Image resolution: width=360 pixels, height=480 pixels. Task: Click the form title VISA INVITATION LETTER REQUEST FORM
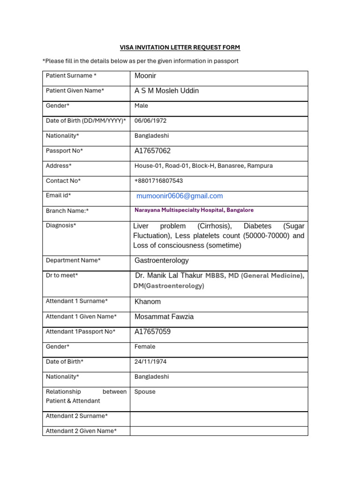[x=180, y=47]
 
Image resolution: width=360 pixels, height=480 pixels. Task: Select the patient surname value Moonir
[x=146, y=76]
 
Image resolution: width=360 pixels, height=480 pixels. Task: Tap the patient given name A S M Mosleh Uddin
[x=166, y=91]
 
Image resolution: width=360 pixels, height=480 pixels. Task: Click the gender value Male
[x=141, y=106]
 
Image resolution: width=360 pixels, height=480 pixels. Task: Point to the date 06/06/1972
[x=150, y=121]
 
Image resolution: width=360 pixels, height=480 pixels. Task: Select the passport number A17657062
[x=152, y=151]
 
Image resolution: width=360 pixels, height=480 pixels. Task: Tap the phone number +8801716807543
[x=158, y=181]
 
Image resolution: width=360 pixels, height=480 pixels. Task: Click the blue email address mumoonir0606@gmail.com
[x=180, y=196]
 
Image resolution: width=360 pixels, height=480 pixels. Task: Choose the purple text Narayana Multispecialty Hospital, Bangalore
[x=194, y=210]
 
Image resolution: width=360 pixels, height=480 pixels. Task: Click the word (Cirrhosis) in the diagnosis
[x=215, y=226]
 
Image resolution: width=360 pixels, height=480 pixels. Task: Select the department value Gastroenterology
[x=161, y=261]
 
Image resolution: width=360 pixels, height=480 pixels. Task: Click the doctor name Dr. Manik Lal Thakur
[x=169, y=276]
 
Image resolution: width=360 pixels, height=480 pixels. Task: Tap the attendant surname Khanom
[x=147, y=302]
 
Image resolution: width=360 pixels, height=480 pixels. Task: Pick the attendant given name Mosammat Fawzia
[x=164, y=317]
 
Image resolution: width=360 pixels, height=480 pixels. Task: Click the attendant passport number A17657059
[x=152, y=332]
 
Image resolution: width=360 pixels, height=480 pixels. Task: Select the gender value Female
[x=144, y=347]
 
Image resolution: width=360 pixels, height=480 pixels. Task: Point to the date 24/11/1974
[x=150, y=362]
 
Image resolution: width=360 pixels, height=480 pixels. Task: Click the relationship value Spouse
[x=144, y=392]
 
